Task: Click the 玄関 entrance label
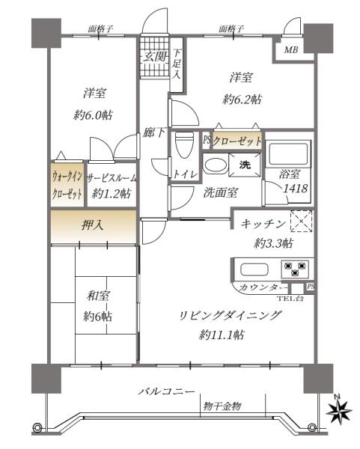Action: tap(154, 55)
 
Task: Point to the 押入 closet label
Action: tap(94, 223)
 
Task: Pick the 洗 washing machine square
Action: tap(245, 164)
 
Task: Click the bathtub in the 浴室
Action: tap(287, 155)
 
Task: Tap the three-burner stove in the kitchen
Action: tap(294, 268)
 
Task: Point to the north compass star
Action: tap(342, 410)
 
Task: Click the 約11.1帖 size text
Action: tap(222, 335)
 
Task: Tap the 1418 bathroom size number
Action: tap(294, 189)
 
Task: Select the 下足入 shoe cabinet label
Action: tap(177, 64)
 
